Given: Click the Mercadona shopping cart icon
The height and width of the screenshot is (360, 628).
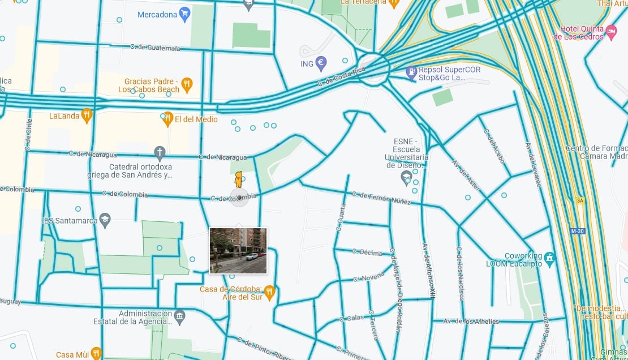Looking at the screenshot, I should pos(184,14).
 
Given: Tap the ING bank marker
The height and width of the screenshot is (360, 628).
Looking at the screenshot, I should pos(321,64).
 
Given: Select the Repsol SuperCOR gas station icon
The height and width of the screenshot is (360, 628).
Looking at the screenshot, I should pos(411,72).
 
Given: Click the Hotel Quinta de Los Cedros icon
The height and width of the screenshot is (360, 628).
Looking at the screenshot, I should pos(611,31).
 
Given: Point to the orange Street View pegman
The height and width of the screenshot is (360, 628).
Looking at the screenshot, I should pos(239,179).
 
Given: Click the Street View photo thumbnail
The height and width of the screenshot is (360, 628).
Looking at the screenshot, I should pos(238,251).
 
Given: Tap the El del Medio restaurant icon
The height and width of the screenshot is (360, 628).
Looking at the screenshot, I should pos(167,119).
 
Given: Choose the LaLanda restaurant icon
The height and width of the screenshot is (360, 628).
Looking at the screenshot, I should pos(86,115).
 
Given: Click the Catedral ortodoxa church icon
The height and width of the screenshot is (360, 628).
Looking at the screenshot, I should pos(160,153).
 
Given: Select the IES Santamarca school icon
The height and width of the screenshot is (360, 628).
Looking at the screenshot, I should pos(105,220).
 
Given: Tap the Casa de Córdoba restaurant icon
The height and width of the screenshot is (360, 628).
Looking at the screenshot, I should pos(269,292).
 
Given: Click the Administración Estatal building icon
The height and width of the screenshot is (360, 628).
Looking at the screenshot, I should pos(179,316).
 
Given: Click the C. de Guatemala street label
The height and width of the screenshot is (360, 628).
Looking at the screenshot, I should pos(154,48).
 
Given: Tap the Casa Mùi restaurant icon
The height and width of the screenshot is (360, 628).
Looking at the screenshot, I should pos(96,354).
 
